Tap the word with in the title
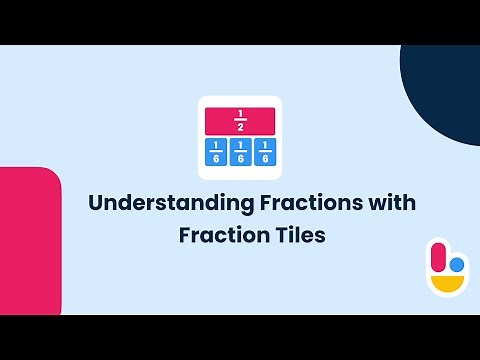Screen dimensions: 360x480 point(391,203)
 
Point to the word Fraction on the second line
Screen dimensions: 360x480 point(220,237)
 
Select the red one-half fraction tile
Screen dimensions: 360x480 point(240,120)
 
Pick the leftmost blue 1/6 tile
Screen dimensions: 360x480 point(216,152)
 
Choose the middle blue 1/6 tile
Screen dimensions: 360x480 point(240,152)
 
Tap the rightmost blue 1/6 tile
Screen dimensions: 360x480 point(264,152)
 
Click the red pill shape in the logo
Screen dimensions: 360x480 point(436,257)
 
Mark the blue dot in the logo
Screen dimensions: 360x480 point(456,266)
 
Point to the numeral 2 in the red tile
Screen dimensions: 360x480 point(240,127)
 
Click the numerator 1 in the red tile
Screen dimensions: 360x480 point(240,114)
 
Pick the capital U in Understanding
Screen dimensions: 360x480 point(96,203)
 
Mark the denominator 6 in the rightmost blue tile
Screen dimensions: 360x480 point(264,158)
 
